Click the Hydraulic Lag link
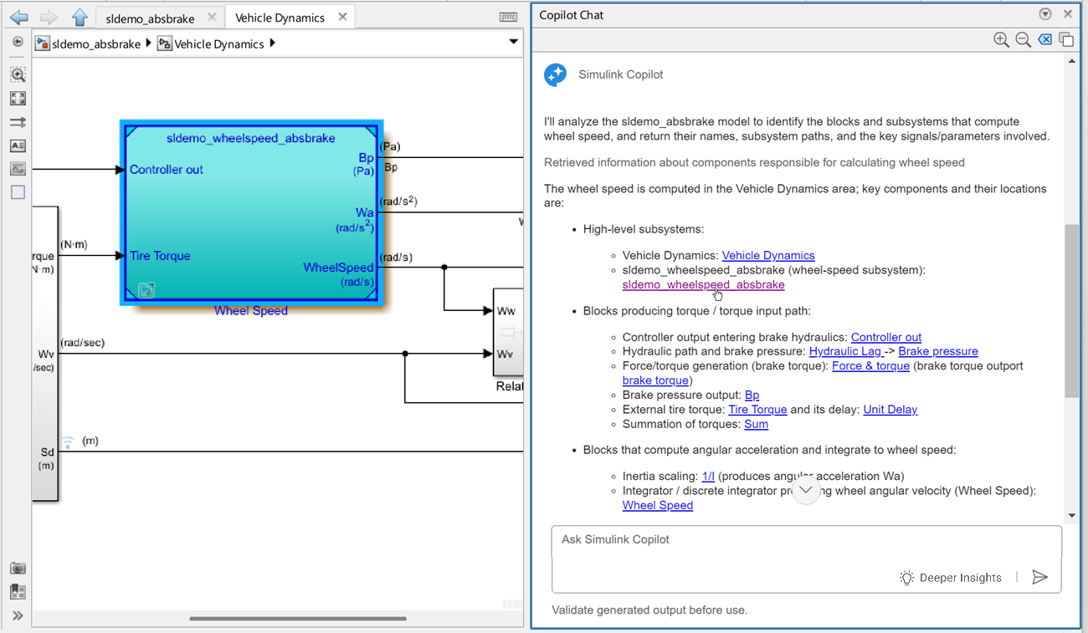pos(844,351)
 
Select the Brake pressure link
pos(937,351)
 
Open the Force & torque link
pos(870,365)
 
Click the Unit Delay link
pos(890,410)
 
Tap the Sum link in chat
pos(756,424)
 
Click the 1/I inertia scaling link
pos(708,476)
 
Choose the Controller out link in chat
pos(885,337)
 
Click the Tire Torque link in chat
pos(757,410)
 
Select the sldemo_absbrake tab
pos(150,18)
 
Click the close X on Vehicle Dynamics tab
pos(342,17)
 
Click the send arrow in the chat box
pos(1039,577)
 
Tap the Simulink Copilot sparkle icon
pos(556,74)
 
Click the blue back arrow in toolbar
pos(18,17)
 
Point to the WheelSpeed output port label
pos(338,268)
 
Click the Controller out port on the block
pos(166,170)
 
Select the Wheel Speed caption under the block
pos(250,311)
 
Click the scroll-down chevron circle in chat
pos(805,490)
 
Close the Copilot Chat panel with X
pos(1067,14)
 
